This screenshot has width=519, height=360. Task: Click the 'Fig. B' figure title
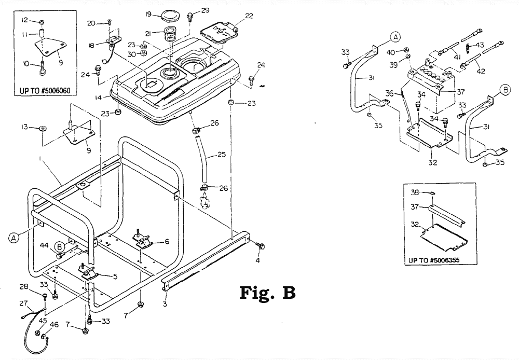tap(267, 292)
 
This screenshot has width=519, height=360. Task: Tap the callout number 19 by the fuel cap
tap(148, 14)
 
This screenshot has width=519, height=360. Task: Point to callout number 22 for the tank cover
tap(249, 15)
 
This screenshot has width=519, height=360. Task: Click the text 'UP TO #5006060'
tap(45, 90)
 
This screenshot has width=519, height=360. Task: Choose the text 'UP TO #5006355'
tap(434, 260)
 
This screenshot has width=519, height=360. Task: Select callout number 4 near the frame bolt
tap(257, 260)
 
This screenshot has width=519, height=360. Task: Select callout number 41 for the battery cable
tap(457, 57)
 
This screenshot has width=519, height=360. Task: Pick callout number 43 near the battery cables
tap(480, 45)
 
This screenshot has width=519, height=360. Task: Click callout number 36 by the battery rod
tap(389, 94)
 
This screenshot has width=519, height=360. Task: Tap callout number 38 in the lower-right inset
tap(415, 192)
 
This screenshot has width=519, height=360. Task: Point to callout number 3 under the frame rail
tap(165, 304)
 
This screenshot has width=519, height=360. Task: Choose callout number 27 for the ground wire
tap(24, 302)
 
